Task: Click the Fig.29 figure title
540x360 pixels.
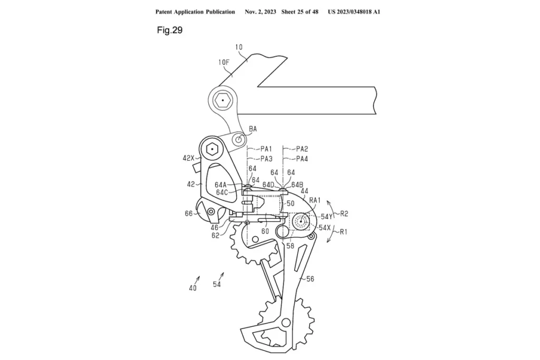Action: [x=169, y=30]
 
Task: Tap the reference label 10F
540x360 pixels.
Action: [x=224, y=62]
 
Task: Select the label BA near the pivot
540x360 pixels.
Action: [x=254, y=128]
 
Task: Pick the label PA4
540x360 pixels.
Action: [x=302, y=159]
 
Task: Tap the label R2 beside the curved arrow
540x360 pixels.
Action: [x=344, y=213]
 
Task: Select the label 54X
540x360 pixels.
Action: [x=325, y=228]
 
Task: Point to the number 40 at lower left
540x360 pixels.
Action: [x=192, y=288]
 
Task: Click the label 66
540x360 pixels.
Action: [x=188, y=213]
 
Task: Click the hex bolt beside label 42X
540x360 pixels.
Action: [x=213, y=149]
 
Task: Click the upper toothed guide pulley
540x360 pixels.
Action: [x=255, y=241]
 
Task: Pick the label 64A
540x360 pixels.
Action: [x=221, y=185]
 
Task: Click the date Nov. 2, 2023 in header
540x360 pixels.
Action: [x=264, y=12]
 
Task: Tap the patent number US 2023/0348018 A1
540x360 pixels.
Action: [x=354, y=12]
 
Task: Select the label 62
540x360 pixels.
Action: [x=216, y=236]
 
